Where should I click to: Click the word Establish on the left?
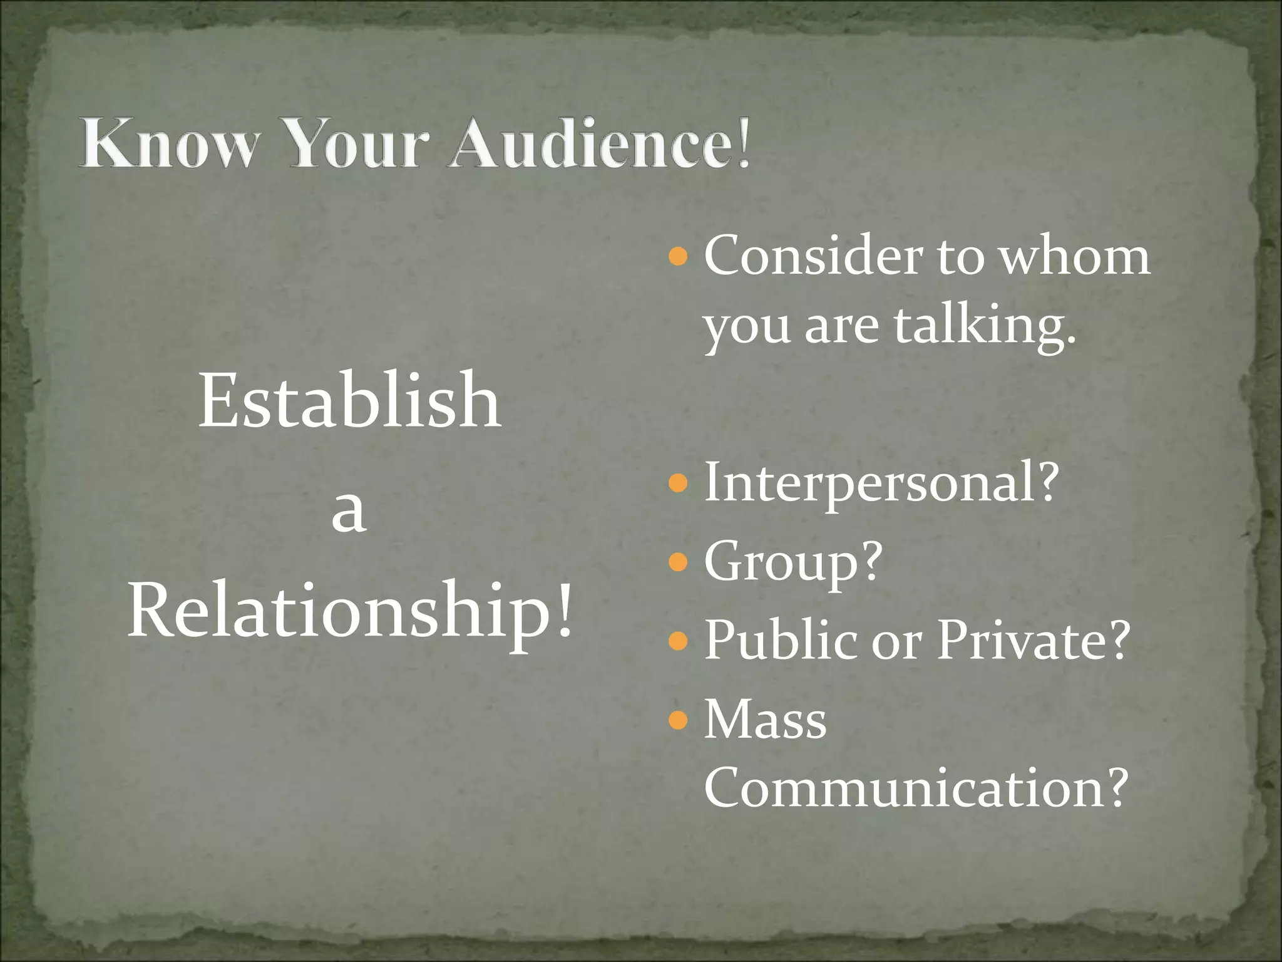click(349, 401)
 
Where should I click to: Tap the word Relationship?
click(351, 611)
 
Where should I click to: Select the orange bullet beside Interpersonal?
click(678, 483)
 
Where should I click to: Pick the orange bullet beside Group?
click(678, 562)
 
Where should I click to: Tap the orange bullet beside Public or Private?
click(678, 641)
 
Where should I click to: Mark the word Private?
click(1033, 639)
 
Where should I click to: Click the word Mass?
click(765, 720)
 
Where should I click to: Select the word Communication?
click(915, 787)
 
